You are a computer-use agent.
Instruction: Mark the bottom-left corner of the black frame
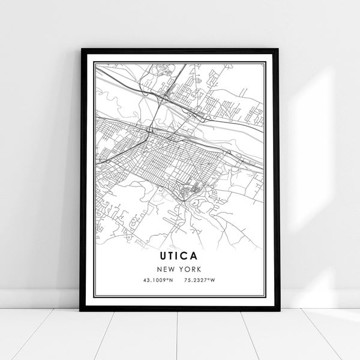[x=81, y=310]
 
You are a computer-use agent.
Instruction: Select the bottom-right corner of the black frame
[x=278, y=310]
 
